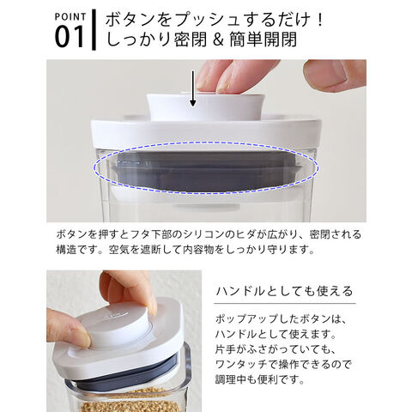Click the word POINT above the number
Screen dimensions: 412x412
point(70,16)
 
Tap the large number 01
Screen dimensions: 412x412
point(70,37)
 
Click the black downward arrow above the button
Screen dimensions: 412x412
point(193,88)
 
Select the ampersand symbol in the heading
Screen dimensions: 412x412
point(218,39)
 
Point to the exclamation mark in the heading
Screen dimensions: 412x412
point(319,20)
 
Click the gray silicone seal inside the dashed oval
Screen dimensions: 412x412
point(206,172)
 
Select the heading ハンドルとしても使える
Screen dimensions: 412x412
point(284,292)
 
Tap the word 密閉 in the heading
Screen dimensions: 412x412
point(190,39)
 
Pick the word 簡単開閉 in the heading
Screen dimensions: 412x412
point(264,39)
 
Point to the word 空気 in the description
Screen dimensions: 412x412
point(118,250)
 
